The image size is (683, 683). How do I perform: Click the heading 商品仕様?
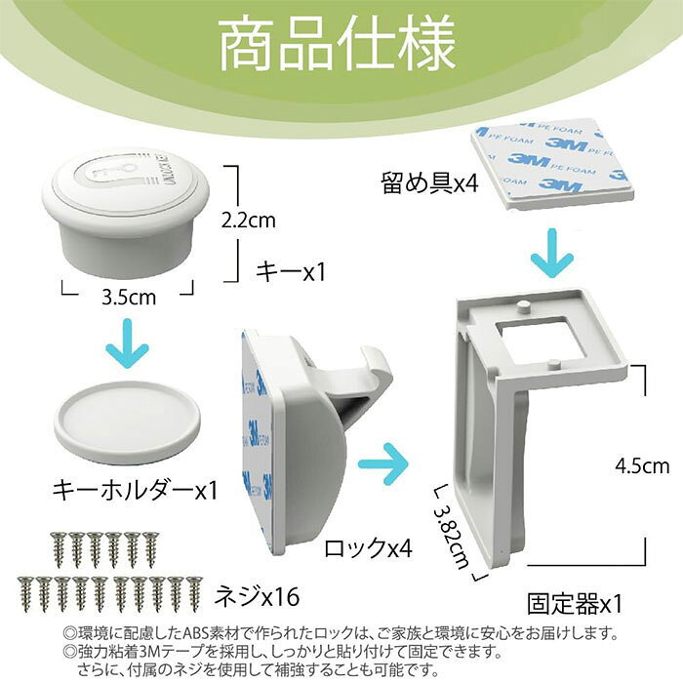(338, 44)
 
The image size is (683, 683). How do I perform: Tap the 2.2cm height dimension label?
(248, 221)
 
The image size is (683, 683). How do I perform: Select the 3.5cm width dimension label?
(129, 297)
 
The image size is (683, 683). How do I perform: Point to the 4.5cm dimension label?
(642, 466)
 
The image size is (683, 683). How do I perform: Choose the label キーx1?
(291, 272)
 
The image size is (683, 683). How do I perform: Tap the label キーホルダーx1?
(135, 491)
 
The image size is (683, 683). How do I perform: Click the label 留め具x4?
(429, 182)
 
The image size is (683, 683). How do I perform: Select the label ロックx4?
(368, 547)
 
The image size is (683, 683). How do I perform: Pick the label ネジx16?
(257, 596)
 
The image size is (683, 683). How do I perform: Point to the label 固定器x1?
(575, 604)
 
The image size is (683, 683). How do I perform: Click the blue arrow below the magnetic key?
(128, 343)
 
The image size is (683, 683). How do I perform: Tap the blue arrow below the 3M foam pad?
(552, 254)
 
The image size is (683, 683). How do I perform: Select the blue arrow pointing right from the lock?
(383, 464)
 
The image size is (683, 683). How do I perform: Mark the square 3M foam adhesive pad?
(549, 165)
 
